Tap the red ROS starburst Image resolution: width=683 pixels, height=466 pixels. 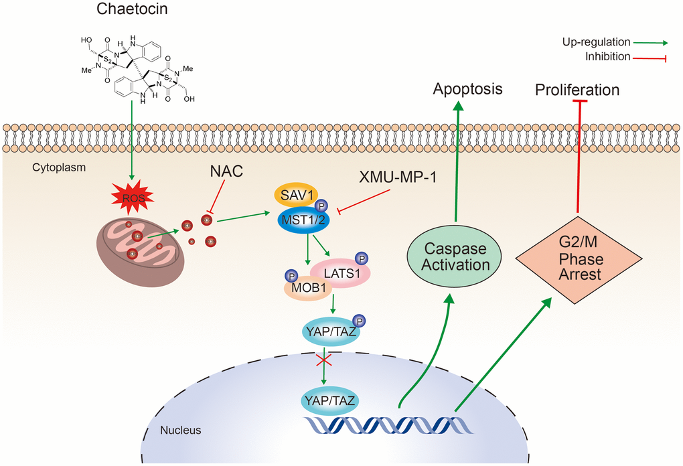(x=132, y=198)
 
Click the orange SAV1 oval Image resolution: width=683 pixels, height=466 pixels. (x=298, y=195)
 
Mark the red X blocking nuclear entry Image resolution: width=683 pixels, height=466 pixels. (x=325, y=361)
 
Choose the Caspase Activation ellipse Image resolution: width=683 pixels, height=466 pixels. (x=455, y=256)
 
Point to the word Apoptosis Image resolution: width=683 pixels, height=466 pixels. (x=467, y=89)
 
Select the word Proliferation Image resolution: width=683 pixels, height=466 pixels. (x=577, y=90)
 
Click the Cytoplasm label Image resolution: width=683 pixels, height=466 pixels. (x=59, y=168)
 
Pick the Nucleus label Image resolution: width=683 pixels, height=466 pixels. (x=181, y=431)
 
